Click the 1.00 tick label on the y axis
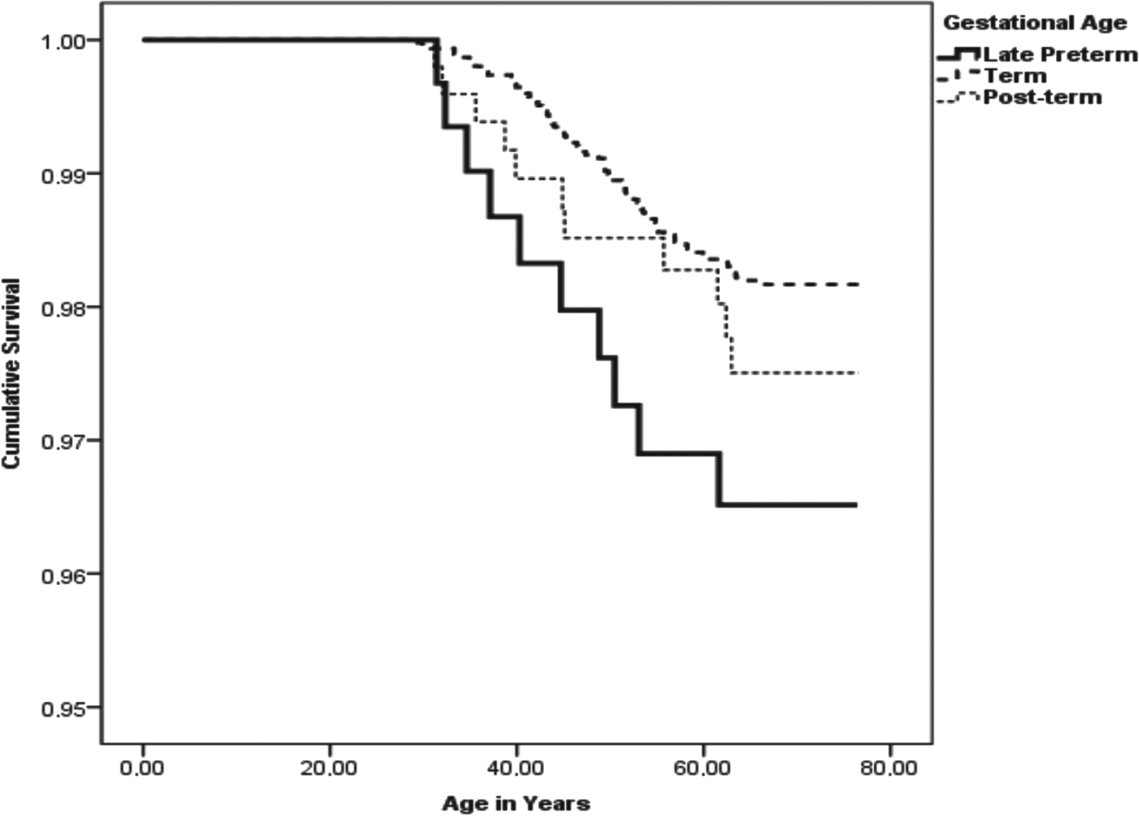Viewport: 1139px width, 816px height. click(x=63, y=41)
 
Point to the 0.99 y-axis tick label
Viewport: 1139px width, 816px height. click(x=63, y=174)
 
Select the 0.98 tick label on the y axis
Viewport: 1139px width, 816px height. click(x=63, y=308)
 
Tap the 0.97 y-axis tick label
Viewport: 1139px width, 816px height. click(x=63, y=441)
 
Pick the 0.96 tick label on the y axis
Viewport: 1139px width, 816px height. click(x=63, y=574)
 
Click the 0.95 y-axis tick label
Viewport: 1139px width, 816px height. click(x=63, y=708)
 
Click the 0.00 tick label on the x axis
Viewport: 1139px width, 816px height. click(x=142, y=768)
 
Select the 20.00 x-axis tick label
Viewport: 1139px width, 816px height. click(x=329, y=768)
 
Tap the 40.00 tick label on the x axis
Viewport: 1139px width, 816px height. click(x=516, y=768)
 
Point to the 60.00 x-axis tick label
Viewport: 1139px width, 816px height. click(x=702, y=768)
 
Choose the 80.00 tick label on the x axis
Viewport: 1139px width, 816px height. click(x=888, y=768)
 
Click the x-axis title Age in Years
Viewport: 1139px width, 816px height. click(x=516, y=804)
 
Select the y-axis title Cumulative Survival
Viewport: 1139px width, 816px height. click(x=11, y=373)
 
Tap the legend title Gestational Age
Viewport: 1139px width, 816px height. click(x=1034, y=23)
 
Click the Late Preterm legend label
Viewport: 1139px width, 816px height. click(x=1059, y=55)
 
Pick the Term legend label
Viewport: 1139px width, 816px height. click(x=1015, y=76)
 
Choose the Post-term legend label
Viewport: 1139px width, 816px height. click(x=1042, y=98)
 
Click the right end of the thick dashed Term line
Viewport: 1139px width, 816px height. click(x=859, y=285)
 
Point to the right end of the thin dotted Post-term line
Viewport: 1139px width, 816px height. click(x=859, y=373)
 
